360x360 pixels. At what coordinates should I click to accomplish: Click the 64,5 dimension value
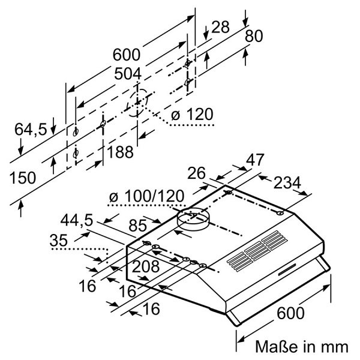32,128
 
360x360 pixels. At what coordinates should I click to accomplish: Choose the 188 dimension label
121,153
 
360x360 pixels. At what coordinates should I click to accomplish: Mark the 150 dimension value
23,178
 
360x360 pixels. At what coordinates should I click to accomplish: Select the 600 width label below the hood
290,313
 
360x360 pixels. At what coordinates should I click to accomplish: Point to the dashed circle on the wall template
137,104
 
